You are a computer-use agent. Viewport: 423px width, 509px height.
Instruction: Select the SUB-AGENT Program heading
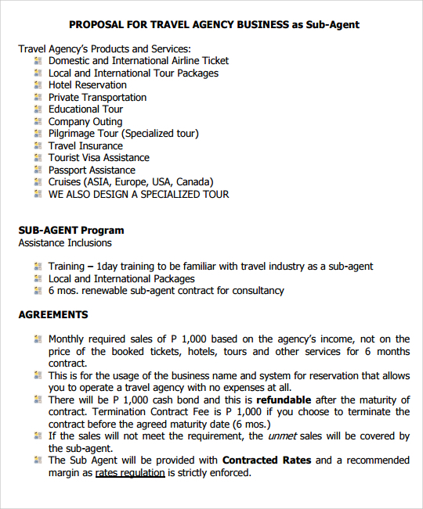tap(71, 231)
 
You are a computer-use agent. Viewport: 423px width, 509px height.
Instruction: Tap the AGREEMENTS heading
tap(53, 315)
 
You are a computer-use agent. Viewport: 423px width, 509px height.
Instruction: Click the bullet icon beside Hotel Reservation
tap(38, 85)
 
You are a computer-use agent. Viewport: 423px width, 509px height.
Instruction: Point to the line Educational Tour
tap(85, 109)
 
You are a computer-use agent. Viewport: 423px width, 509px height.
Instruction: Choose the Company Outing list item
tap(85, 122)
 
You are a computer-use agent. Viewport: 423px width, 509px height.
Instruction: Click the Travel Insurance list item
tap(85, 146)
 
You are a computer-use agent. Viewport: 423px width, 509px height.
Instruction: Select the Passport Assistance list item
tap(92, 170)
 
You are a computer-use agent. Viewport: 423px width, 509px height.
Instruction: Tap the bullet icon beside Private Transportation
tap(38, 98)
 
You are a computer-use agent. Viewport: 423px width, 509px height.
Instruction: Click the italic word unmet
tap(283, 436)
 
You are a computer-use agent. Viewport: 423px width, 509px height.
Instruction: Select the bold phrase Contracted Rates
tap(267, 461)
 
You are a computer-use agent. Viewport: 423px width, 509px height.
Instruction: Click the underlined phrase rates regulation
tap(130, 473)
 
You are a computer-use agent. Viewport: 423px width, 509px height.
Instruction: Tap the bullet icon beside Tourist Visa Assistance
tap(38, 158)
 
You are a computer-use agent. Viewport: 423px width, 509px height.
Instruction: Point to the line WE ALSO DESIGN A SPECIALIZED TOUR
tap(139, 195)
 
